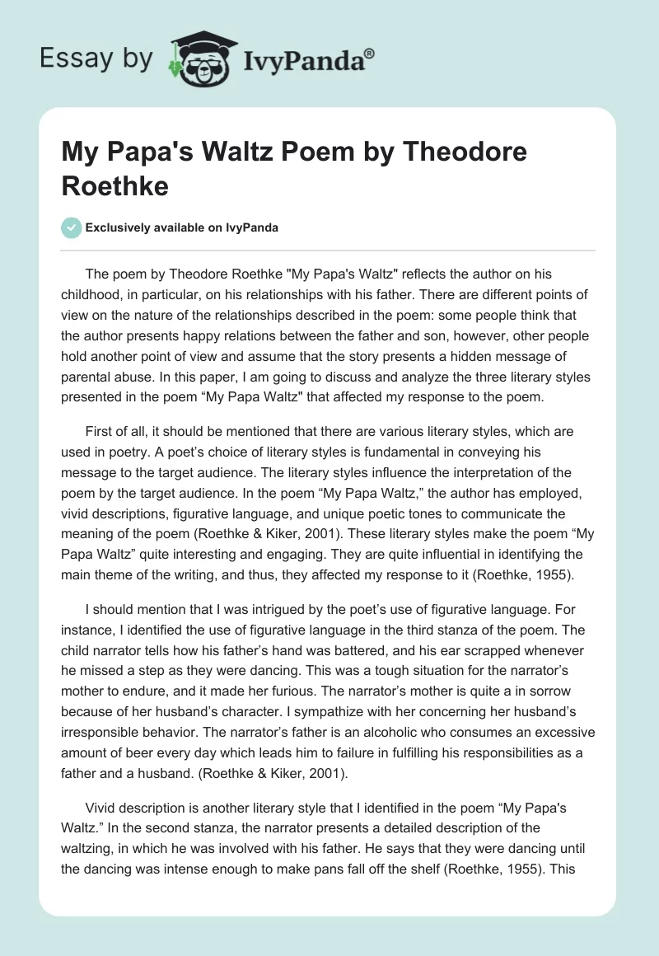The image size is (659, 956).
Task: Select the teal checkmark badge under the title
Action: (x=71, y=227)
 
